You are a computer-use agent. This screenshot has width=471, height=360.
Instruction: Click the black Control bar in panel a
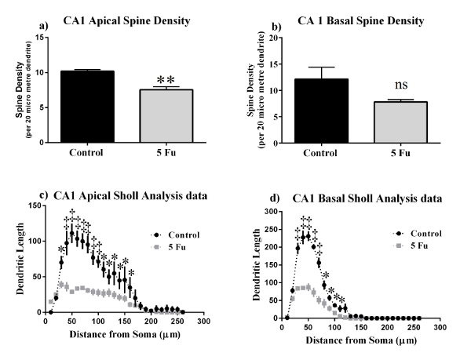pyautogui.click(x=91, y=107)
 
